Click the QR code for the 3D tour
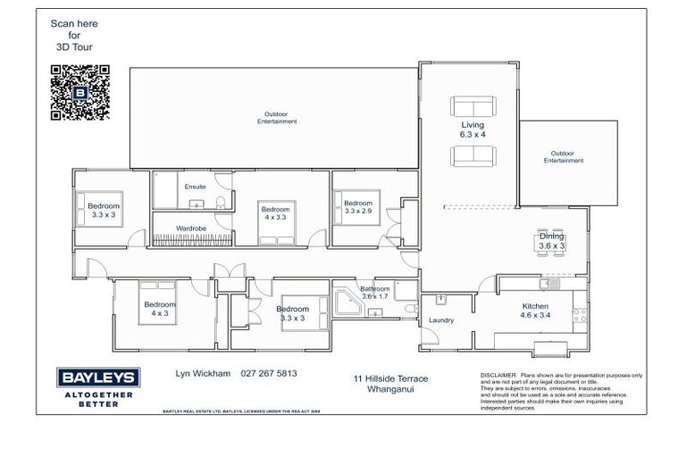click(80, 92)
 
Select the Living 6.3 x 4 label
click(473, 129)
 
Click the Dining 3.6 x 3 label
click(551, 240)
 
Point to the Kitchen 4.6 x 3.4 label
click(536, 311)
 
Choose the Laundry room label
click(441, 320)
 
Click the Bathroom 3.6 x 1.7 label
click(374, 293)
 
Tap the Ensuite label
click(195, 187)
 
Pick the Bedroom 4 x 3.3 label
click(274, 212)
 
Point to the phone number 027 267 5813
click(269, 374)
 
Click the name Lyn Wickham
click(201, 374)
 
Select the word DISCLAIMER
click(498, 375)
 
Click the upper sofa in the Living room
click(472, 104)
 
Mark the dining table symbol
click(551, 242)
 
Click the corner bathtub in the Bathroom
click(346, 303)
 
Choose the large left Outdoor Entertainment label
click(274, 117)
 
